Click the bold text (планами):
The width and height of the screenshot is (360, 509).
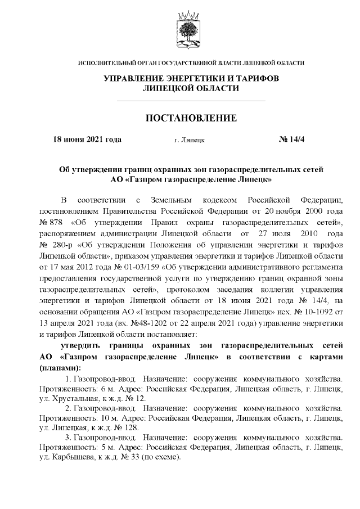coord(60,367)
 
